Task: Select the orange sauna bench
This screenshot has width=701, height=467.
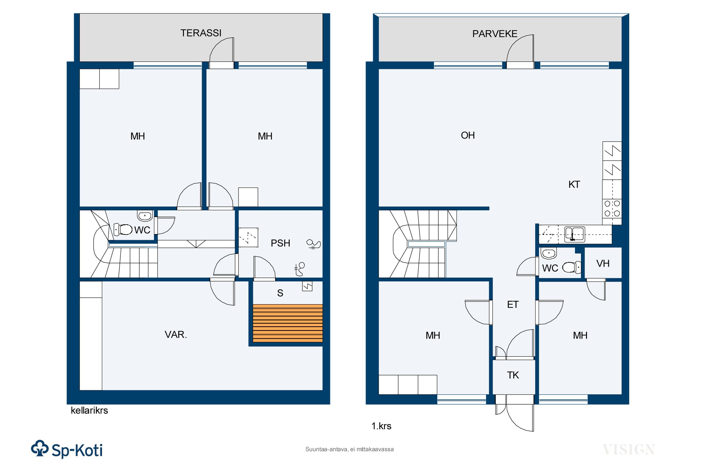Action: [288, 323]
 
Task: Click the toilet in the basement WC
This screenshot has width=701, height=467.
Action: [123, 229]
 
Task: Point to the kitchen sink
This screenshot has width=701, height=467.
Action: [575, 234]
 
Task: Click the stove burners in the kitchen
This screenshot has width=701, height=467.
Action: [612, 209]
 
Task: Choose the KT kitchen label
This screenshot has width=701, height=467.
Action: [574, 185]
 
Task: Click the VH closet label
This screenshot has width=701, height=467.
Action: [603, 264]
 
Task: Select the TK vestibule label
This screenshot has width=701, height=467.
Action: [513, 375]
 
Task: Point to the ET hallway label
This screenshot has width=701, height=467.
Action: [513, 305]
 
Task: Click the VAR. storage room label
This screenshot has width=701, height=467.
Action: [176, 335]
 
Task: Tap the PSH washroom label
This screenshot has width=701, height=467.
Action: [280, 243]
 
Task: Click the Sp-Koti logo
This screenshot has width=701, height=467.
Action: [67, 450]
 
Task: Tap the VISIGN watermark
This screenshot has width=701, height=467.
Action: [629, 450]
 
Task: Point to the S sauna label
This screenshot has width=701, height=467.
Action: [280, 293]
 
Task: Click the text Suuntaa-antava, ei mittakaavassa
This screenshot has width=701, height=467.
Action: [349, 449]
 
